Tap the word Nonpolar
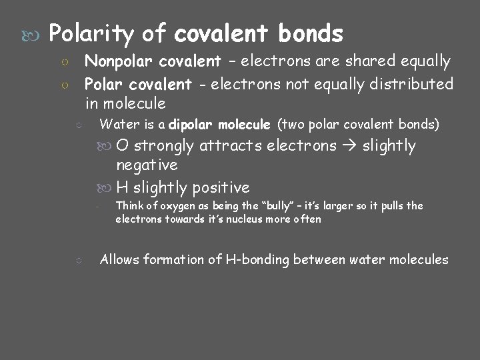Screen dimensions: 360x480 115,62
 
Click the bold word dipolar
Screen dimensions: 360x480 193,124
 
